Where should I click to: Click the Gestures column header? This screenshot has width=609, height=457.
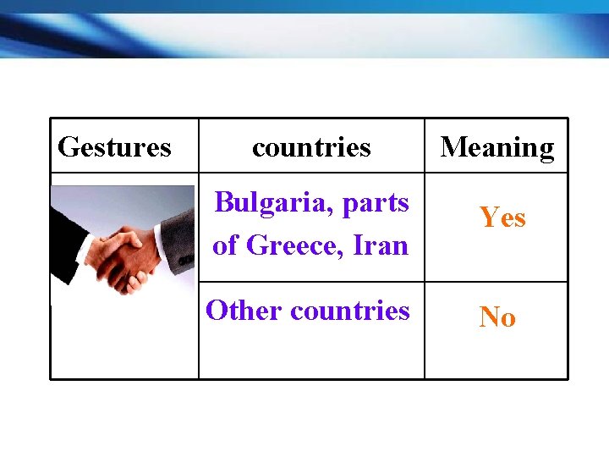114,147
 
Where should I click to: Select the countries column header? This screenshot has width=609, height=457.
311,147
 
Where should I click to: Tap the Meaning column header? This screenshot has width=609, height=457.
497,147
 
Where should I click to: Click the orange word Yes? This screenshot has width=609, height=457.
502,217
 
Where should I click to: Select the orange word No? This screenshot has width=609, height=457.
497,317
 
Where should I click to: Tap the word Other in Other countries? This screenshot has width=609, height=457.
244,311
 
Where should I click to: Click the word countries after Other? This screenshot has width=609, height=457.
349,311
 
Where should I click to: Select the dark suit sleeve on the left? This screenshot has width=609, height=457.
63,237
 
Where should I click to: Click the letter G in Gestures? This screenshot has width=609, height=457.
67,147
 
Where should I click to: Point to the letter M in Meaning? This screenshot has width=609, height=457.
454,147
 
